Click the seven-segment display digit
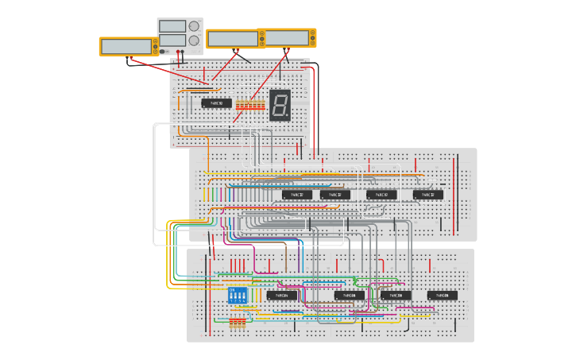[280, 105]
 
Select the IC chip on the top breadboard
[216, 103]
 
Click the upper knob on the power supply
[194, 25]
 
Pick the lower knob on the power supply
[194, 40]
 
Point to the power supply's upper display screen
[172, 25]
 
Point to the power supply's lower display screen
[172, 40]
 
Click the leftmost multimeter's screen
[127, 47]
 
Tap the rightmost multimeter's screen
[287, 37]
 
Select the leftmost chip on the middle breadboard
[293, 195]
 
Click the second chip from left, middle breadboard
[335, 195]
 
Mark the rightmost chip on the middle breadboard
[428, 195]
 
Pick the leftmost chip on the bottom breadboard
[282, 296]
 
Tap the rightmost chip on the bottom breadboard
[443, 296]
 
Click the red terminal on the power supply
[179, 52]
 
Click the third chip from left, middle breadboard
[381, 195]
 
